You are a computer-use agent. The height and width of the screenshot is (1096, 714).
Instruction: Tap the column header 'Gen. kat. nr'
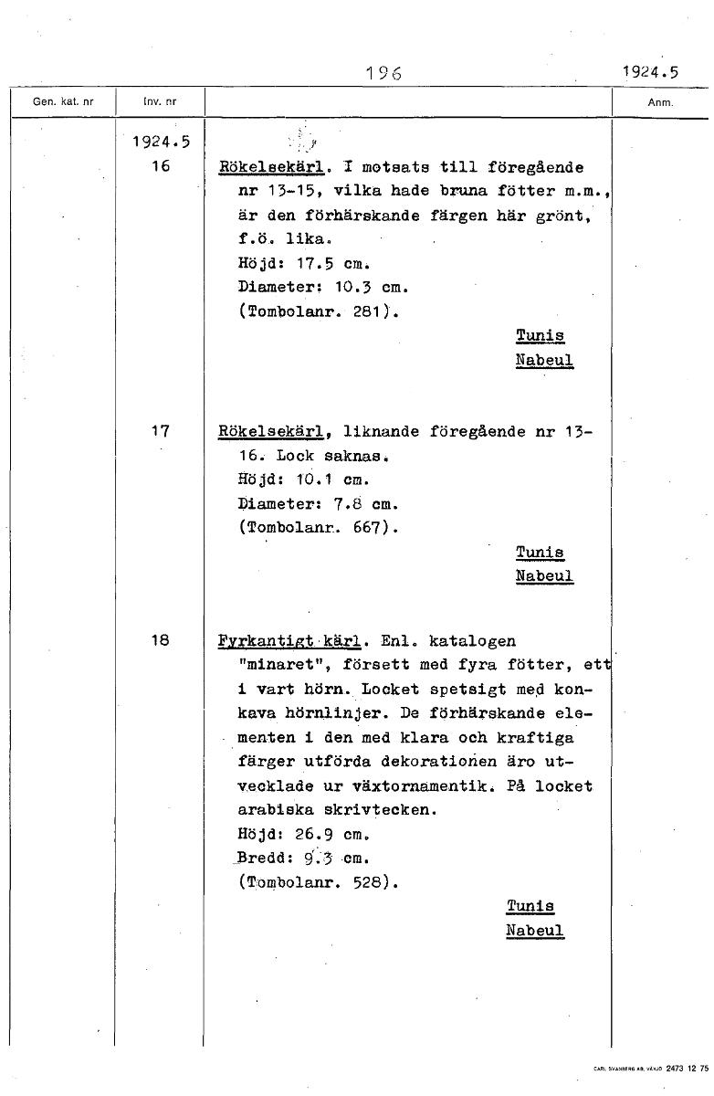click(62, 102)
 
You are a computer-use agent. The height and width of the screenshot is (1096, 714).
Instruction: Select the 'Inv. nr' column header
click(160, 102)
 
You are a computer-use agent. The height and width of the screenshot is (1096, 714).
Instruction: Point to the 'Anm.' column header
click(660, 103)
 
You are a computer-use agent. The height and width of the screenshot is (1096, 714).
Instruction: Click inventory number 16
click(160, 167)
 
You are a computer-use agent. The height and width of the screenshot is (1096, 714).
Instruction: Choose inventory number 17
click(160, 431)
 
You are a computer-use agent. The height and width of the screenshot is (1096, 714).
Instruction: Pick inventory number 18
click(160, 640)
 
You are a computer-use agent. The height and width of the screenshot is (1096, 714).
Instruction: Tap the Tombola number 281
click(372, 311)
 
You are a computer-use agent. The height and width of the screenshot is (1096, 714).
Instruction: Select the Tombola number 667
click(372, 526)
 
